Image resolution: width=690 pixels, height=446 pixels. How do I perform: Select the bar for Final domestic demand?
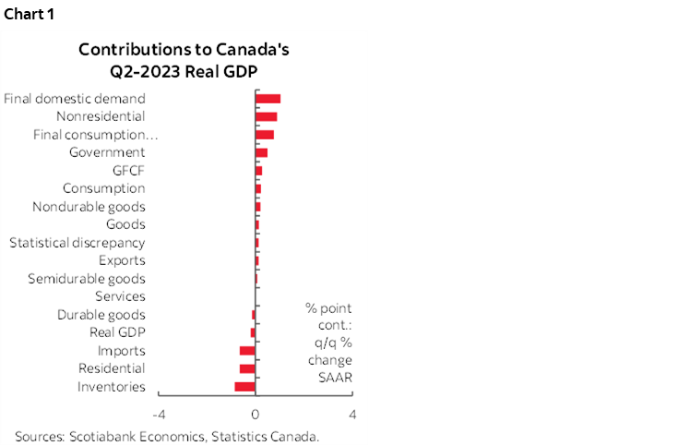click(268, 99)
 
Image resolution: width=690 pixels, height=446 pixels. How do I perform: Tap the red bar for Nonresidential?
click(266, 116)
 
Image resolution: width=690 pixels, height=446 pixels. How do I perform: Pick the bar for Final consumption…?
click(264, 135)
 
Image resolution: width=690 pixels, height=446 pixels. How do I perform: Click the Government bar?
click(261, 152)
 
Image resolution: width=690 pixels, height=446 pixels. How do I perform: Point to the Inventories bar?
click(244, 386)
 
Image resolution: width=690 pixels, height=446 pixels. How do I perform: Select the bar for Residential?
click(247, 368)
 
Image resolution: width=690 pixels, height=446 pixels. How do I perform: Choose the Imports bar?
click(247, 351)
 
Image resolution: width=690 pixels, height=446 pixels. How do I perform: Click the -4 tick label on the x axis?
click(159, 414)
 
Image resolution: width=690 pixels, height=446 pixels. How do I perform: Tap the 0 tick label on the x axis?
click(256, 414)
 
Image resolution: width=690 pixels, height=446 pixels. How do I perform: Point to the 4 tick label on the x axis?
click(352, 414)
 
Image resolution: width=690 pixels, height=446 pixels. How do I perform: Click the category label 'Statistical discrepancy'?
click(77, 243)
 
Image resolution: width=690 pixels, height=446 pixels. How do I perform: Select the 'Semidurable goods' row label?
click(86, 279)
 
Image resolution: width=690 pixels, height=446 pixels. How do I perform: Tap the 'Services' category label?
click(120, 296)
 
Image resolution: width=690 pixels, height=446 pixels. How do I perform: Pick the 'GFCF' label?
click(128, 171)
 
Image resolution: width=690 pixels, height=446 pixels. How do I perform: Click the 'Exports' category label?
click(122, 260)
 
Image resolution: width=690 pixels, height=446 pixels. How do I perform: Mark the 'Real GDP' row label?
click(117, 332)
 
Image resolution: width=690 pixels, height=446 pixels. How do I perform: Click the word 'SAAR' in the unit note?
click(329, 378)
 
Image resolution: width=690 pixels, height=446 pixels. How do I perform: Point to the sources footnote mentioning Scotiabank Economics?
click(167, 436)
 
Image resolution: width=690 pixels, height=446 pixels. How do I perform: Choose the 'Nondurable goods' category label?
click(89, 207)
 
